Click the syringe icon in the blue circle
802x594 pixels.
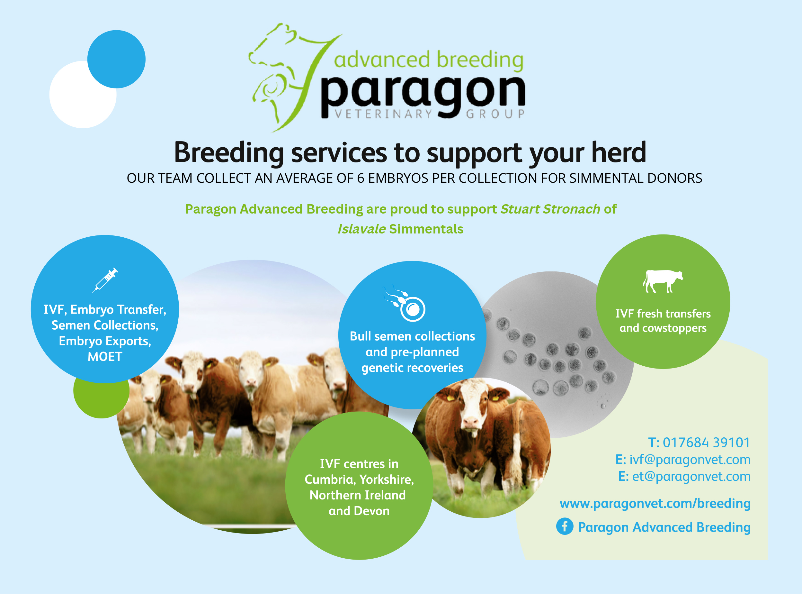click(x=105, y=280)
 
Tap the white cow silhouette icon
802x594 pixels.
click(x=663, y=281)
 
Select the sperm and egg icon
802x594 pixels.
click(x=405, y=303)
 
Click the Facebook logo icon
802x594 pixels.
click(x=565, y=526)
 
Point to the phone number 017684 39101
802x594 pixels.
click(x=706, y=443)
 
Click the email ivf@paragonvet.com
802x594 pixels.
click(x=690, y=460)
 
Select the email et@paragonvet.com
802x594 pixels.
click(x=691, y=476)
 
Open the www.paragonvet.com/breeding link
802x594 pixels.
click(x=655, y=503)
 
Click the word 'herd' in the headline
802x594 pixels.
click(x=619, y=152)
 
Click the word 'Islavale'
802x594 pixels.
click(x=361, y=229)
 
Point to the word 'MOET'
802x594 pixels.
click(x=105, y=357)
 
